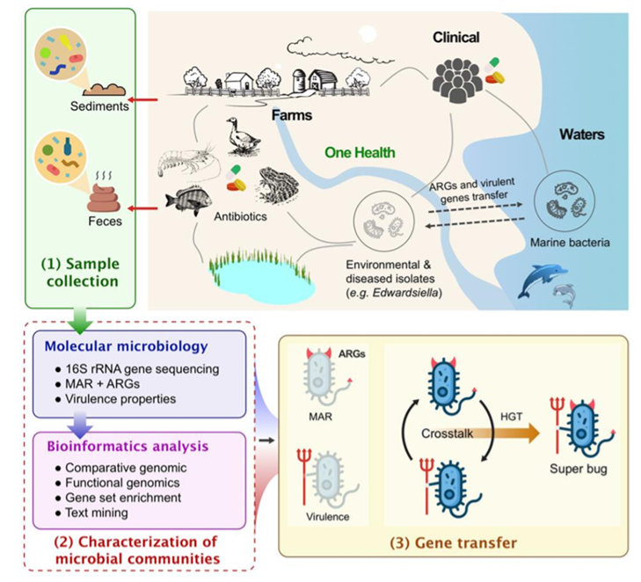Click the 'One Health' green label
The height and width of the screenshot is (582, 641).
(x=360, y=152)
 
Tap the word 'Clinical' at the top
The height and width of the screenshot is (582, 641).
(x=455, y=37)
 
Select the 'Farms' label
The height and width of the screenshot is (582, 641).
(x=290, y=115)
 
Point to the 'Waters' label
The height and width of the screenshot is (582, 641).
(x=582, y=135)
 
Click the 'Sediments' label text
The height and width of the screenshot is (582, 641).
(x=99, y=107)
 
